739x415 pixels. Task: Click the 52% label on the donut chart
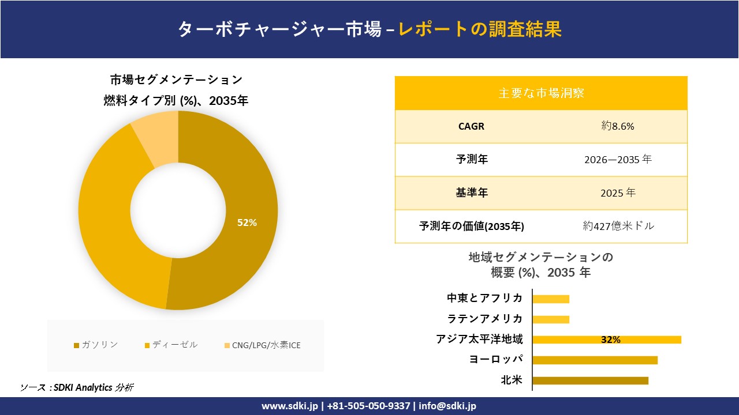tap(247, 222)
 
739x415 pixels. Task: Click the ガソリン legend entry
tap(96, 345)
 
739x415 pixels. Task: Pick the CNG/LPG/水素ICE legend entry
tap(263, 345)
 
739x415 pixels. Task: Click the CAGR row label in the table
tap(471, 126)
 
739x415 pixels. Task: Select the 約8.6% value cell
tap(617, 126)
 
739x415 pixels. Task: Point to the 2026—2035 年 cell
tap(617, 160)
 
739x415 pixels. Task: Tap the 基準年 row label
tap(472, 193)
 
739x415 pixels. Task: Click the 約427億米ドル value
tap(618, 226)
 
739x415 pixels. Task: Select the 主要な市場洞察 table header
tap(541, 93)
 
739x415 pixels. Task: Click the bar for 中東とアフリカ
tap(551, 299)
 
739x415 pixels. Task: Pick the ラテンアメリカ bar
tap(551, 319)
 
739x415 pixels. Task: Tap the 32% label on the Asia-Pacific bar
tap(610, 340)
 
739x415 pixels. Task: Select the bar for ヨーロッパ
tap(595, 360)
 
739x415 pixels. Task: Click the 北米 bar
tap(590, 380)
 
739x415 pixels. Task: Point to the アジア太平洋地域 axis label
tap(479, 339)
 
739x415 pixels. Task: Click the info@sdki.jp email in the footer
tap(447, 406)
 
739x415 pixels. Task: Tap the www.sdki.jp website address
tap(290, 406)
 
